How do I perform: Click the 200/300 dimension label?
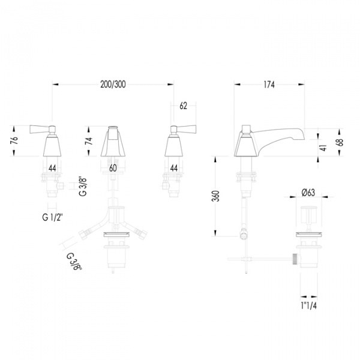[x=113, y=85]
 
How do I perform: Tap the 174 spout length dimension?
[x=269, y=85]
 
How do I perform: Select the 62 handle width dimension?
[x=183, y=106]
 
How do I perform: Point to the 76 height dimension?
[x=14, y=140]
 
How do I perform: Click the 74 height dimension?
[x=89, y=140]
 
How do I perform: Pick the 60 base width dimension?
[x=113, y=168]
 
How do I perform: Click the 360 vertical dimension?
[x=215, y=196]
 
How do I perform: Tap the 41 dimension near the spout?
[x=323, y=148]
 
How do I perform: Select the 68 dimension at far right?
[x=340, y=142]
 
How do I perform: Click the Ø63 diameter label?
[x=308, y=193]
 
